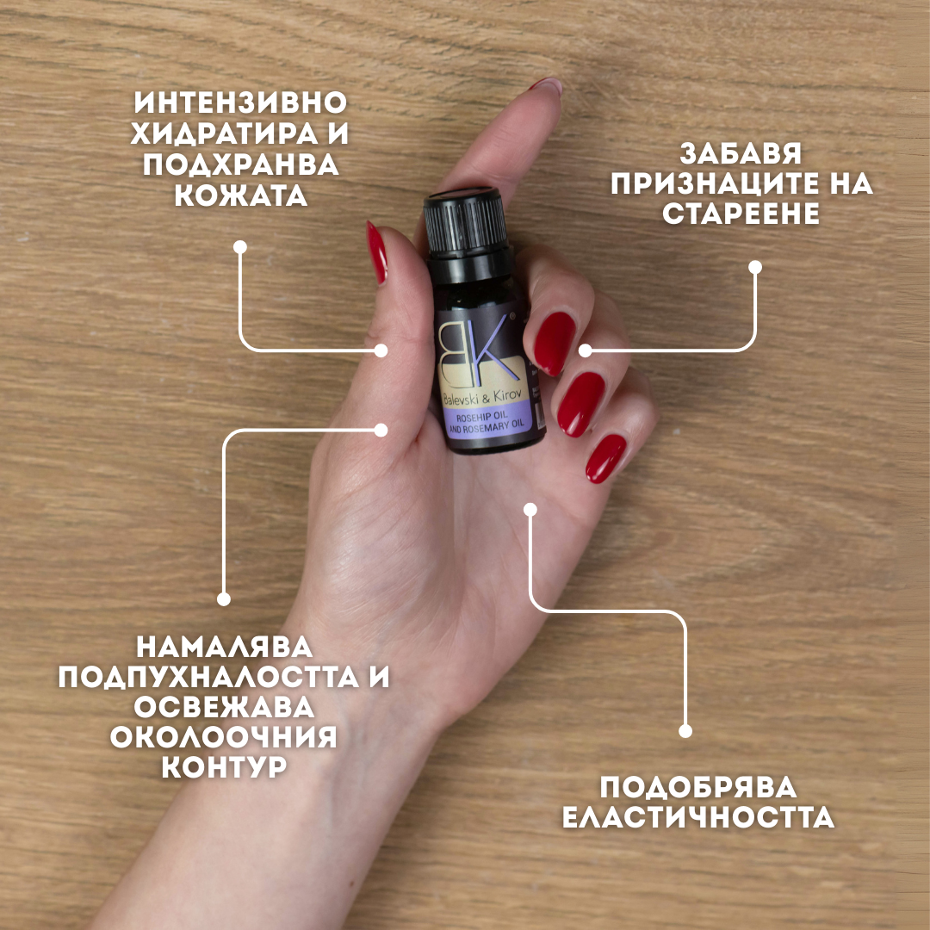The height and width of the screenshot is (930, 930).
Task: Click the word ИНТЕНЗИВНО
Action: point(240,103)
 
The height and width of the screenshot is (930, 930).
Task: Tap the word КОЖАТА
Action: point(240,195)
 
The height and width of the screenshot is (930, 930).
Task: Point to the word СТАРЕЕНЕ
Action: point(741,214)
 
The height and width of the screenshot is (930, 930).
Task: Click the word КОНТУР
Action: point(224,767)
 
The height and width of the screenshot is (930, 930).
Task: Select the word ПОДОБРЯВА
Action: point(698,787)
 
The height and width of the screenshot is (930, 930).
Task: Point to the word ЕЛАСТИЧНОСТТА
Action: point(698,818)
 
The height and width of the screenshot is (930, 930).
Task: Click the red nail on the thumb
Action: point(376,251)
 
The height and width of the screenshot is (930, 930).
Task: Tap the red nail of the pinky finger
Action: point(606,458)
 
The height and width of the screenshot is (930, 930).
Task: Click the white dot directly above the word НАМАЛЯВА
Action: point(224,598)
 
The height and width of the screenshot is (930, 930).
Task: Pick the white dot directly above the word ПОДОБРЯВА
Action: point(685,731)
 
